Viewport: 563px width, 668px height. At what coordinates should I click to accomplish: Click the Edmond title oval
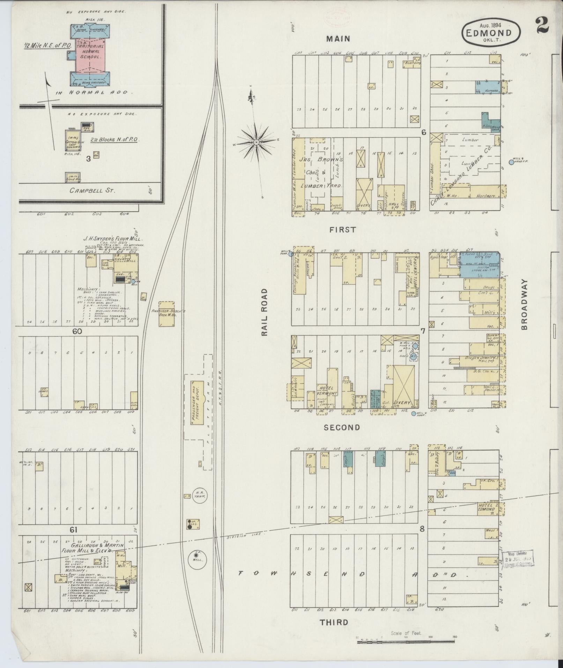491,32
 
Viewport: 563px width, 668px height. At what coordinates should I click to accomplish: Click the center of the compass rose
256,142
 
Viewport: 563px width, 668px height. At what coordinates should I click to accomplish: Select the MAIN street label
338,39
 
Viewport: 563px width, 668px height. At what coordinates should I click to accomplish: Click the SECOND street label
342,427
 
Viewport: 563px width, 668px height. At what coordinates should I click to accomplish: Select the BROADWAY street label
525,304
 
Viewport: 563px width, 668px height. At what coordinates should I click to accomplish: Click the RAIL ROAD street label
264,312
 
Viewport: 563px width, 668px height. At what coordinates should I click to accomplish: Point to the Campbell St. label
92,191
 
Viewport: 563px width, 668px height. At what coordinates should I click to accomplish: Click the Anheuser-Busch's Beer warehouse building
167,314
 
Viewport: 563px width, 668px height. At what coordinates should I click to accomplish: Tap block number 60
77,331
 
